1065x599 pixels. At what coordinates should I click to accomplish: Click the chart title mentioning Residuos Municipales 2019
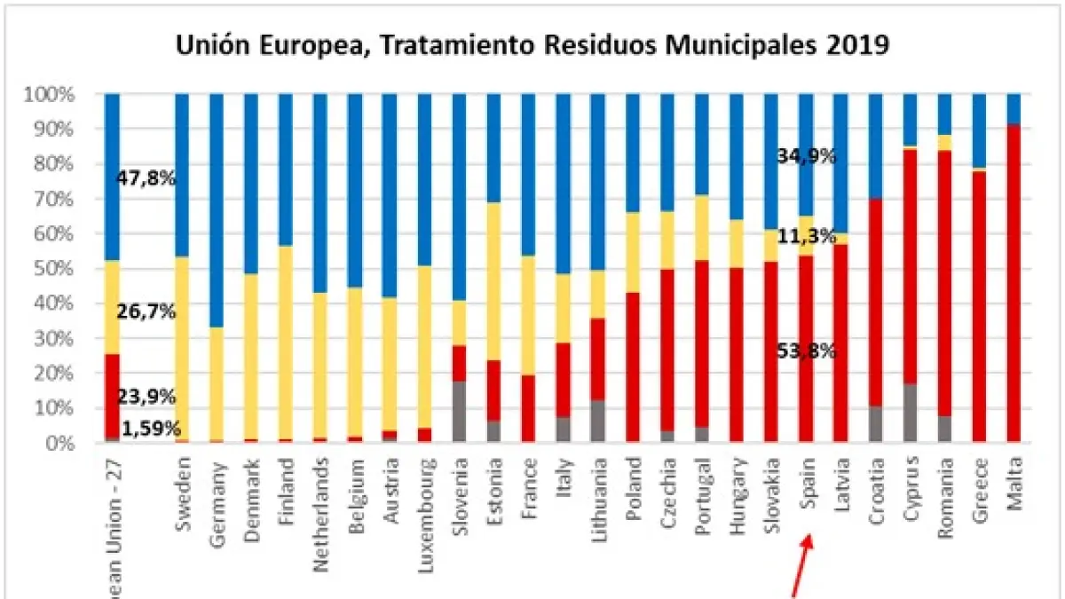tap(532, 44)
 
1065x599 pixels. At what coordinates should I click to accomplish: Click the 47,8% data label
tap(146, 178)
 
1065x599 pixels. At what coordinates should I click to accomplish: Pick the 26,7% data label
tap(146, 312)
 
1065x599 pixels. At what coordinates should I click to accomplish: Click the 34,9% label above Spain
tap(806, 157)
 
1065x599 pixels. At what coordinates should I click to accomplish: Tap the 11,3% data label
tap(806, 237)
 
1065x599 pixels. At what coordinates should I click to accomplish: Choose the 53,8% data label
tap(806, 350)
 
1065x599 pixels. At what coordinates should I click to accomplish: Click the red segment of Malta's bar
tap(1014, 284)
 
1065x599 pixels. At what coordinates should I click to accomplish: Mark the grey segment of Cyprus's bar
tap(911, 414)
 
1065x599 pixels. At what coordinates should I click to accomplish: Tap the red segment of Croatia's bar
tap(876, 302)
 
